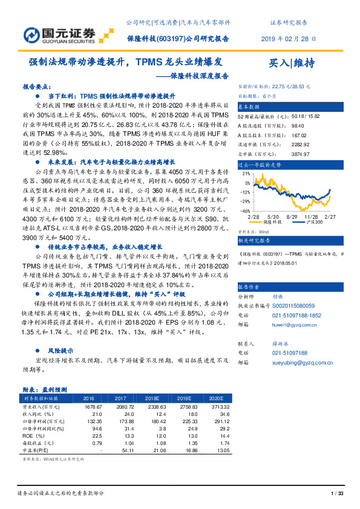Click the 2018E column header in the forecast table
point(160,398)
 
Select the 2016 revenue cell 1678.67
point(89,408)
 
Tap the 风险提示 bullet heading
point(61,349)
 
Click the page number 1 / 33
point(337,494)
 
